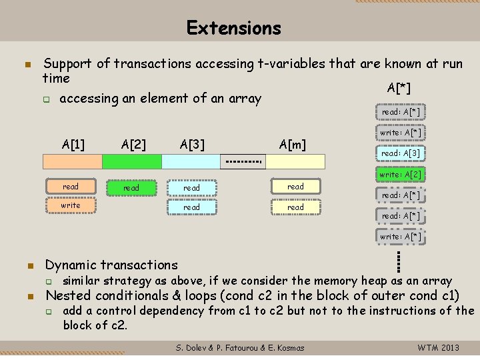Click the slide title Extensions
234,28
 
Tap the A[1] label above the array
73,144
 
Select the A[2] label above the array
134,144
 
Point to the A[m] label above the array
293,144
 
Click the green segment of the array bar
132,161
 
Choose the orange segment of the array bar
73,161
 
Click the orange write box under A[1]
71,205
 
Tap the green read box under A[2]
131,189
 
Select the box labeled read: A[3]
400,154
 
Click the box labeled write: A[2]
400,175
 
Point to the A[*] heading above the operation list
399,89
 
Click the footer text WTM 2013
438,347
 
